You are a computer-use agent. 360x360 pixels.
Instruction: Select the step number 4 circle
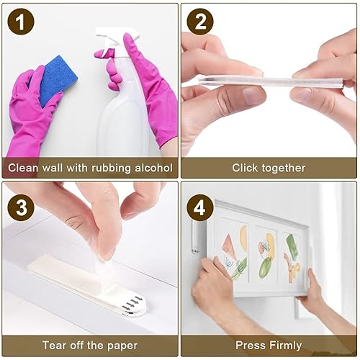click(199, 207)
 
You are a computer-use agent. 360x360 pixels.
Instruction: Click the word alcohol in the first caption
click(150, 168)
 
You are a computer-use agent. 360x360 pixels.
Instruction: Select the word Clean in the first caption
click(23, 168)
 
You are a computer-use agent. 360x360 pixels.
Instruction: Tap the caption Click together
click(268, 168)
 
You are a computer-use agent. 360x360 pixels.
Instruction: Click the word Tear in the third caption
click(55, 346)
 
